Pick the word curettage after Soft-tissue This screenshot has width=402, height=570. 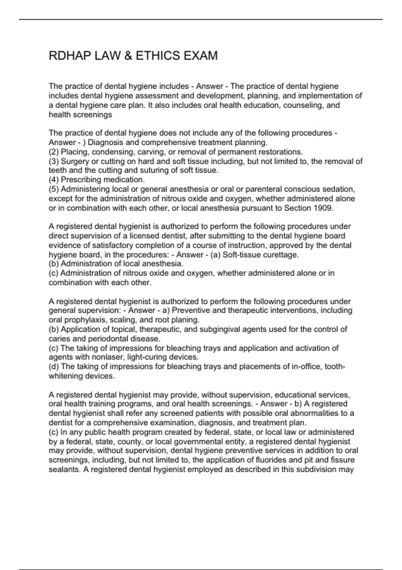click(x=282, y=255)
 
